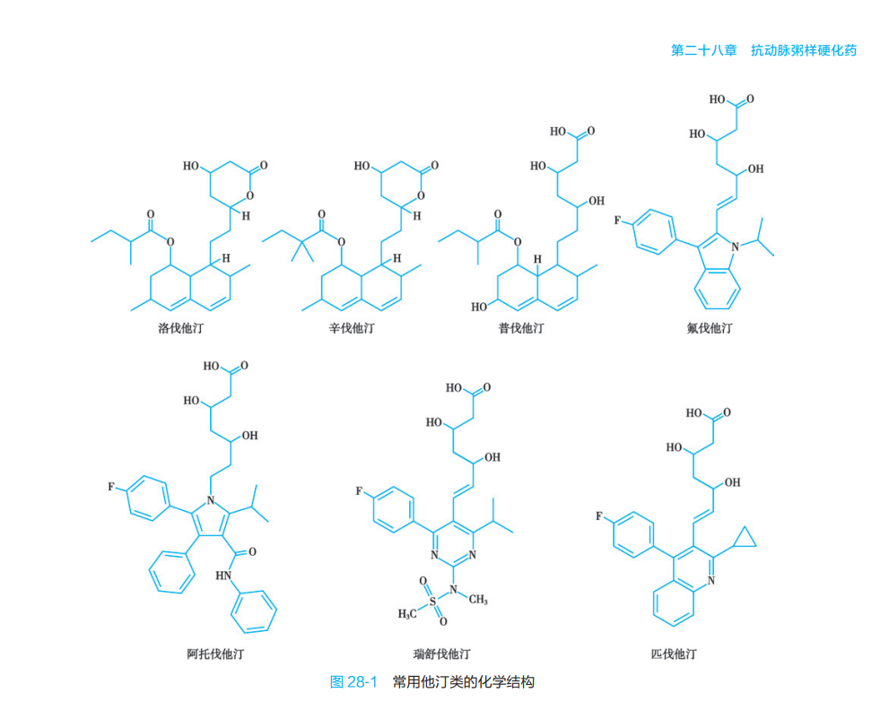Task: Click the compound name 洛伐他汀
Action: click(180, 328)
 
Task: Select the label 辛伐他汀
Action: click(352, 328)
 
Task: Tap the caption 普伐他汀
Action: click(521, 328)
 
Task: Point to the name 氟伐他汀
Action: click(710, 328)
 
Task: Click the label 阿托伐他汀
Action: click(215, 654)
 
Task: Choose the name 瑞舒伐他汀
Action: click(441, 654)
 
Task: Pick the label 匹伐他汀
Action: click(674, 654)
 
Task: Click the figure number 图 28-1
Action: click(353, 681)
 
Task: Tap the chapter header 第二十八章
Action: click(704, 50)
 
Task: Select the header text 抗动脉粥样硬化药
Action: click(804, 50)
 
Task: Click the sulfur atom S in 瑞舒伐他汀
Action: click(433, 602)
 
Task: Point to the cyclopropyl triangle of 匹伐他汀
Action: click(744, 538)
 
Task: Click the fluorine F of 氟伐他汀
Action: click(617, 220)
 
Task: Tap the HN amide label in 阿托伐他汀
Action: click(223, 576)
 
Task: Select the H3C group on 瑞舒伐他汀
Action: click(407, 614)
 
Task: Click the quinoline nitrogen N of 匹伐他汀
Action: click(711, 580)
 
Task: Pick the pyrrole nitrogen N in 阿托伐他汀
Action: click(211, 499)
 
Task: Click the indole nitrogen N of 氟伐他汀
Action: click(735, 247)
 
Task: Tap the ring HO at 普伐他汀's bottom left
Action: click(479, 307)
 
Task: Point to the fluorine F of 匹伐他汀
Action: click(599, 516)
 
